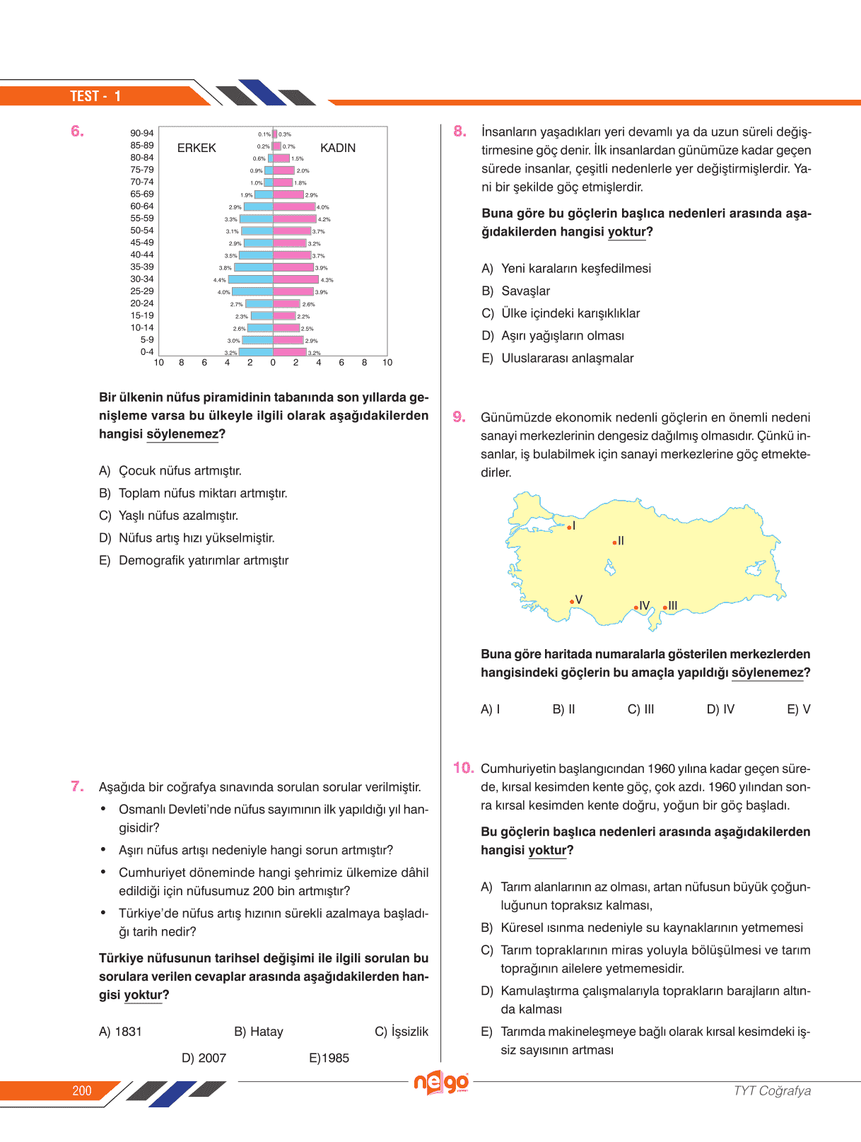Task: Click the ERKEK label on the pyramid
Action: (197, 148)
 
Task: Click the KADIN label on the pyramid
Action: (338, 148)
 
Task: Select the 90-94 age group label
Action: (141, 133)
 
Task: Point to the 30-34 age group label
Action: (141, 279)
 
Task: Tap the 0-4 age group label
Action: (146, 351)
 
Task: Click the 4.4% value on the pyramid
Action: (220, 280)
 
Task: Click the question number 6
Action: (77, 131)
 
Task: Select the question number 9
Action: (459, 417)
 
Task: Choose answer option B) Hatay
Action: (259, 1032)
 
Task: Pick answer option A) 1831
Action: (120, 1032)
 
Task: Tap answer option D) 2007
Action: (204, 1058)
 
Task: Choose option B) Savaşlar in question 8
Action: (516, 291)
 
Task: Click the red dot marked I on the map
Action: (569, 528)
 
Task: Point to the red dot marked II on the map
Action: (614, 542)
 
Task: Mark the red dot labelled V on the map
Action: (572, 602)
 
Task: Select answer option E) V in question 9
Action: (799, 709)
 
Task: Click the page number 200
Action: (82, 1090)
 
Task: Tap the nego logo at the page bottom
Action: (441, 1083)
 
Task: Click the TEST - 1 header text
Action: (95, 96)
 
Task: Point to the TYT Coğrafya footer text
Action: (772, 1090)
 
